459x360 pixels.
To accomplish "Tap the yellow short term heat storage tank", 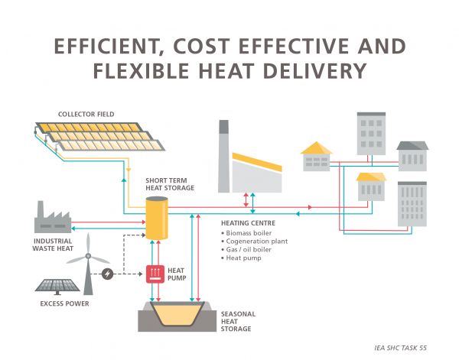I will [157, 216].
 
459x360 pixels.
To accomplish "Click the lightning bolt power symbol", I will [108, 274].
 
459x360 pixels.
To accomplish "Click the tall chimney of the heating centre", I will [223, 156].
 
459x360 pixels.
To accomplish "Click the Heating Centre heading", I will [247, 222].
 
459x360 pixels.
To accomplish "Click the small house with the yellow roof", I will [317, 155].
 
